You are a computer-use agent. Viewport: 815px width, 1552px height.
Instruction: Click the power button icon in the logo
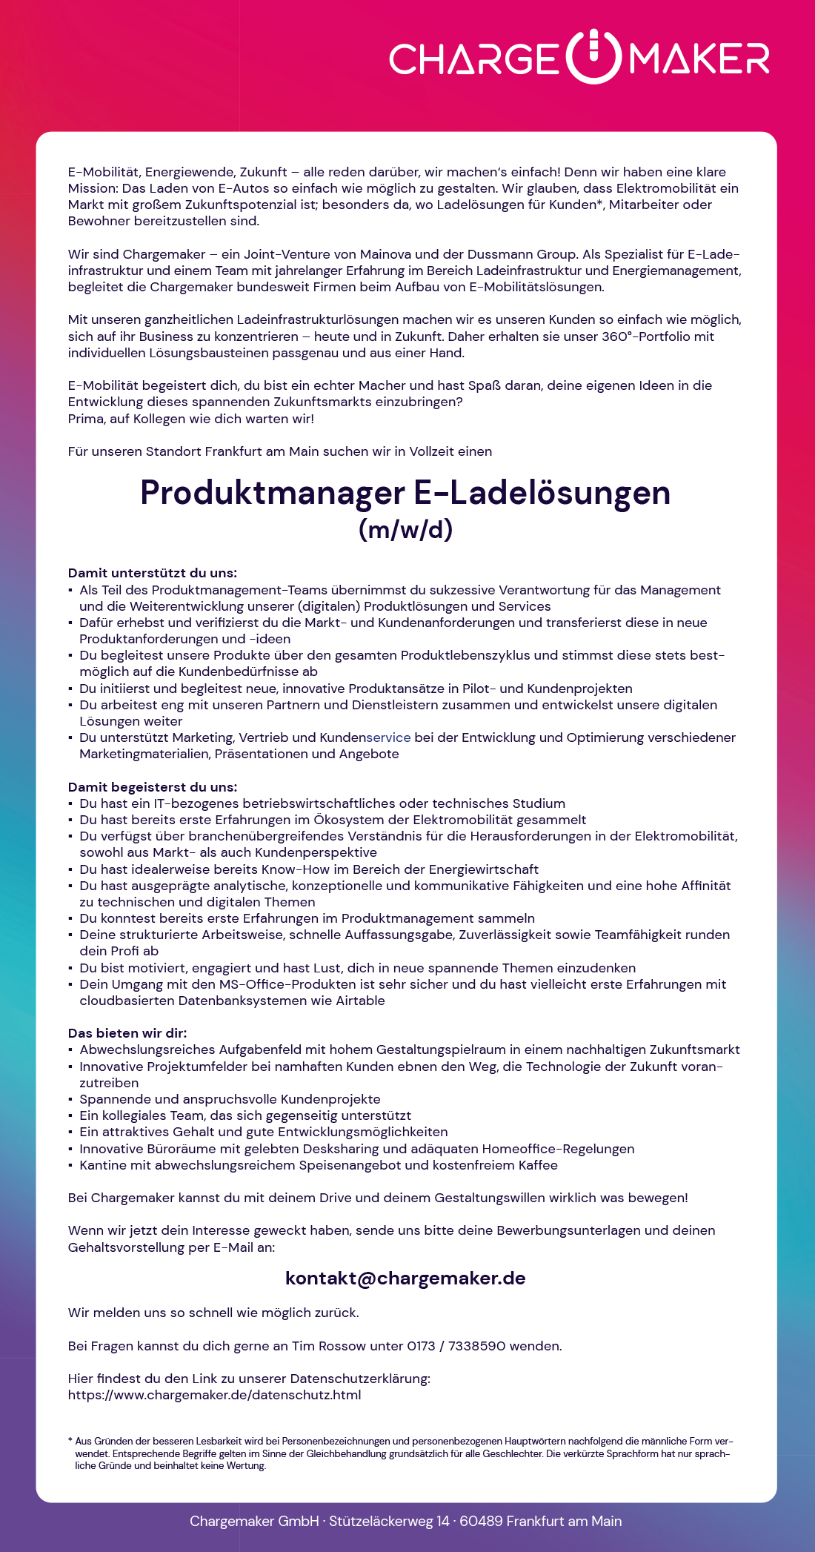(x=593, y=56)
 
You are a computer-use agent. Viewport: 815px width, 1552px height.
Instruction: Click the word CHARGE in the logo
(x=474, y=59)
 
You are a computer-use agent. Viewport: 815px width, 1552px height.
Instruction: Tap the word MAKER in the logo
(x=699, y=59)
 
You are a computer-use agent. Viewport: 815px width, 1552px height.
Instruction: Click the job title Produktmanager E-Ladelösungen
(x=405, y=493)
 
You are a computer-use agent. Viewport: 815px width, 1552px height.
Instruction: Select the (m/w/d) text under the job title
(x=405, y=529)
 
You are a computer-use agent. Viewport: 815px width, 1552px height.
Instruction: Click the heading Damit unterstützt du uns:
(x=153, y=573)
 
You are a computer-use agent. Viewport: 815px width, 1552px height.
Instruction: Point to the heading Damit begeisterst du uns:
(x=153, y=787)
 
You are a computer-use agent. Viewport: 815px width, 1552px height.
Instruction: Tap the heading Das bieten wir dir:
(x=127, y=1033)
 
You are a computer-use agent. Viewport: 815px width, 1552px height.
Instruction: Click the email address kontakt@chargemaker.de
(x=405, y=1279)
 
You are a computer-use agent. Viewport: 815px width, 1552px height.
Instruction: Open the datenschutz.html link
(x=214, y=1395)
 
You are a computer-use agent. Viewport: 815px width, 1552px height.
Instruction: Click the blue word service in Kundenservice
(x=388, y=737)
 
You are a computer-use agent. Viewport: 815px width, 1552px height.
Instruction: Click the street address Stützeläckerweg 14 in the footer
(x=389, y=1522)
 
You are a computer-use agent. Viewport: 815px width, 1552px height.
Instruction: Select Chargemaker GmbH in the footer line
(x=254, y=1522)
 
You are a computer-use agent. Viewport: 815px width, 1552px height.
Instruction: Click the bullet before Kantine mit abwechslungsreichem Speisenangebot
(x=71, y=1165)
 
